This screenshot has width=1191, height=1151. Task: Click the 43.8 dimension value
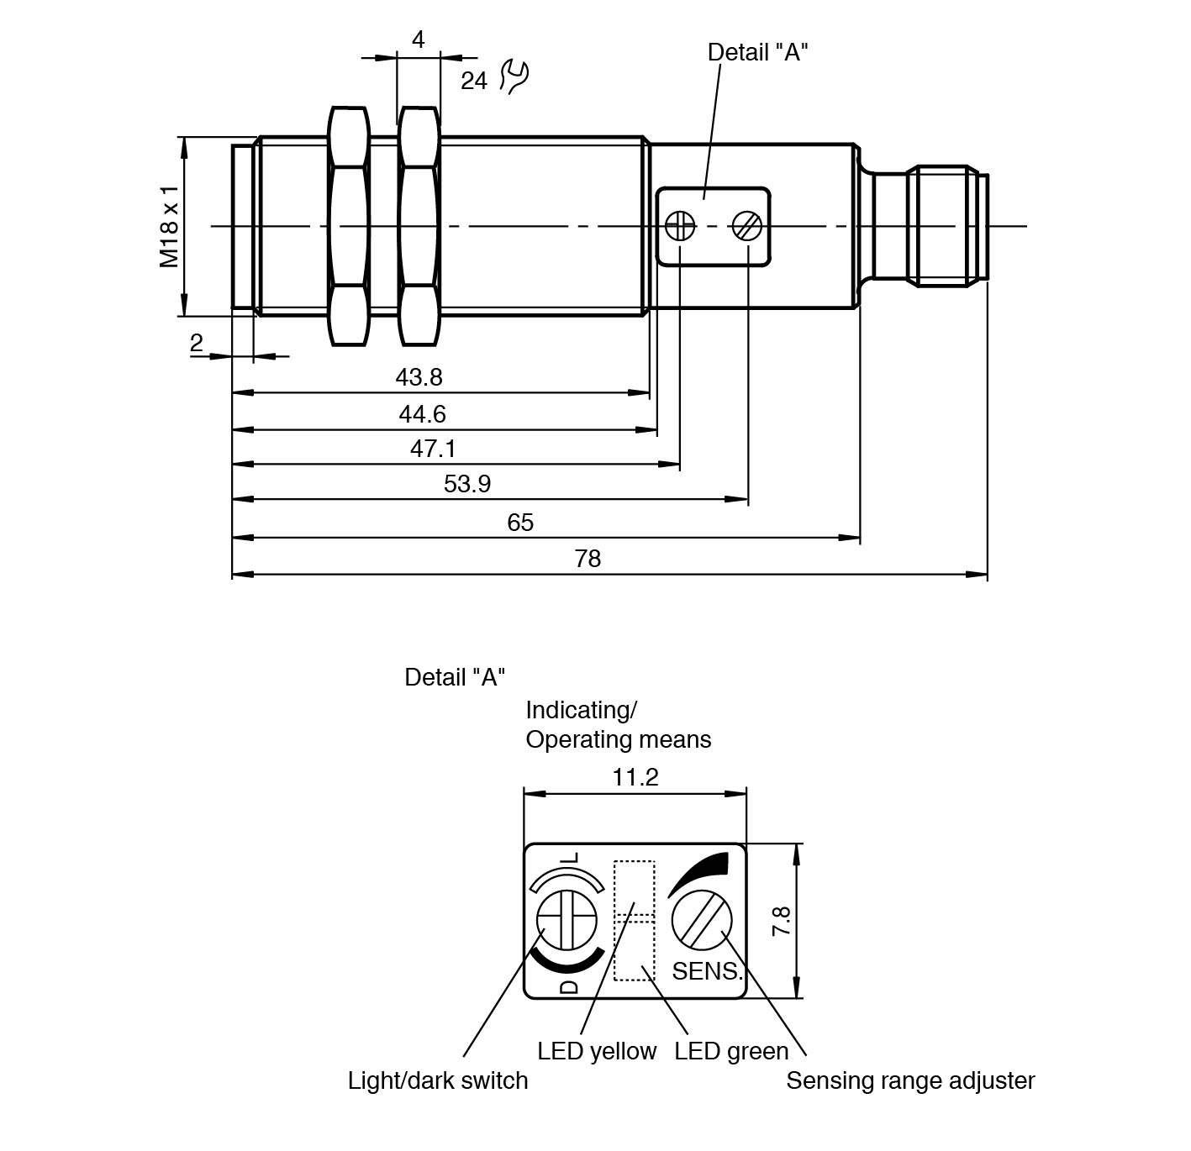click(x=419, y=377)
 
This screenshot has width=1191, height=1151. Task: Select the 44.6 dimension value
click(x=422, y=414)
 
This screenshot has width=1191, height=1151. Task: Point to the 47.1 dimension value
click(x=433, y=449)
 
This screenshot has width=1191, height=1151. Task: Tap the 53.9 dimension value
click(x=467, y=484)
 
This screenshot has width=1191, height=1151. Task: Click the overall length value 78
click(x=588, y=559)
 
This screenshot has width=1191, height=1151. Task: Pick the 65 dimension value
click(x=520, y=523)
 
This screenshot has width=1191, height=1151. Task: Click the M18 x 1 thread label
click(x=170, y=227)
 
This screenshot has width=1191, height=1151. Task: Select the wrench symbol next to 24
click(x=514, y=76)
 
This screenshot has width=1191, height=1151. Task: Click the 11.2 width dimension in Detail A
click(x=635, y=777)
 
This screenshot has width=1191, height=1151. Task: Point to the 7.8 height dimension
click(x=782, y=921)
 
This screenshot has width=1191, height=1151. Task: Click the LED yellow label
click(x=597, y=1051)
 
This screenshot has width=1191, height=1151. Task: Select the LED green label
click(x=731, y=1051)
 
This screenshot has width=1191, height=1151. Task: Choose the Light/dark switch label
click(x=438, y=1080)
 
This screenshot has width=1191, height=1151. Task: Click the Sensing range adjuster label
click(x=910, y=1080)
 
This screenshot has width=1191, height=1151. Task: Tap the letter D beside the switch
click(x=569, y=985)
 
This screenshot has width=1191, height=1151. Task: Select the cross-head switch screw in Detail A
click(x=567, y=920)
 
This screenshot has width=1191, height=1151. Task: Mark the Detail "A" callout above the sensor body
click(x=757, y=52)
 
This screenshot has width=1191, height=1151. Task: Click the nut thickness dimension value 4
click(x=418, y=39)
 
